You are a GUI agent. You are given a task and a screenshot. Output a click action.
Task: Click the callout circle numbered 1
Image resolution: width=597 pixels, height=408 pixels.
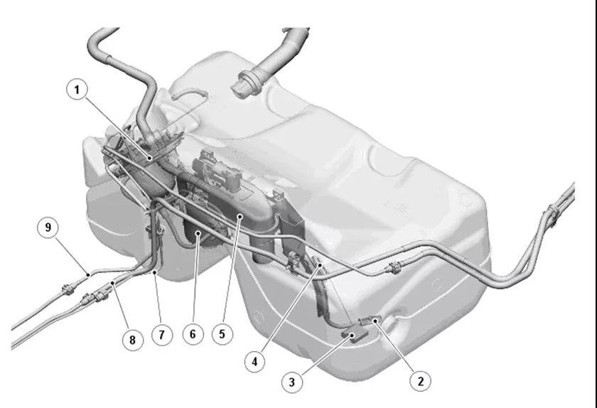click(77, 90)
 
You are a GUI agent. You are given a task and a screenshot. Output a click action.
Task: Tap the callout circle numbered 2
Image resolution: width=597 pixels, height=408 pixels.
click(420, 380)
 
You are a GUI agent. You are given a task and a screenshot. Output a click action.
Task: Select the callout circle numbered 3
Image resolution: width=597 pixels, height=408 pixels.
click(292, 382)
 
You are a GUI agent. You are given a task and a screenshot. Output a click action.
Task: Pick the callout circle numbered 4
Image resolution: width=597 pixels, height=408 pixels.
click(254, 361)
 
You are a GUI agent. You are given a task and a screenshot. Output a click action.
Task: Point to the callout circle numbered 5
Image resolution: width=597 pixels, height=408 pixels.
click(222, 334)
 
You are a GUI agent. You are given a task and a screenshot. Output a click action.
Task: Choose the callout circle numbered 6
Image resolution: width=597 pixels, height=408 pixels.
click(193, 334)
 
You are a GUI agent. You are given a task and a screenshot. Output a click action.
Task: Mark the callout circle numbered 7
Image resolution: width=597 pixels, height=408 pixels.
click(162, 335)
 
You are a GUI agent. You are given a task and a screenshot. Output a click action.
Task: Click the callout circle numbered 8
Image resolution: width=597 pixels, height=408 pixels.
click(132, 340)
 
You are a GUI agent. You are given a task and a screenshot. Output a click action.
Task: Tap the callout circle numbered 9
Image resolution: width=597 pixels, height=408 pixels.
click(48, 227)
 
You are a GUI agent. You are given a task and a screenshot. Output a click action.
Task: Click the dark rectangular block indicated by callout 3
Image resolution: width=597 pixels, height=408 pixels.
click(355, 335)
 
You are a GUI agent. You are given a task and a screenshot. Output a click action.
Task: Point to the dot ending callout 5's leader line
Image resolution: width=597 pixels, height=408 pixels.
click(240, 216)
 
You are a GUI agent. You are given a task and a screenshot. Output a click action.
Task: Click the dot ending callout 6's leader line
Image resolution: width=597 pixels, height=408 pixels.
click(198, 232)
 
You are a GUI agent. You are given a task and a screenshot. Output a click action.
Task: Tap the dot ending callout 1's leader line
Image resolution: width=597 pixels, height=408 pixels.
click(151, 158)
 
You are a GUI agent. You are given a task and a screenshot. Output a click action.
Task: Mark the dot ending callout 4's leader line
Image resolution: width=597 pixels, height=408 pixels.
click(321, 264)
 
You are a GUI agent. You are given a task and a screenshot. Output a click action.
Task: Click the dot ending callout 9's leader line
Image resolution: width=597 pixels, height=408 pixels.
click(88, 274)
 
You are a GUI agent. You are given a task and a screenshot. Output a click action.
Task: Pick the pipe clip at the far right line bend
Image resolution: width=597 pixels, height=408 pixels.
click(552, 215)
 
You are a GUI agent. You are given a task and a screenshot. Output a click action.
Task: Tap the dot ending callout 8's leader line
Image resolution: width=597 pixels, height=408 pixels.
click(113, 283)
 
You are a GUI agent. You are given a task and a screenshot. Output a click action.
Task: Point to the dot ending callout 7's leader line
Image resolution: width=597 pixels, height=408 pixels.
click(155, 272)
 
